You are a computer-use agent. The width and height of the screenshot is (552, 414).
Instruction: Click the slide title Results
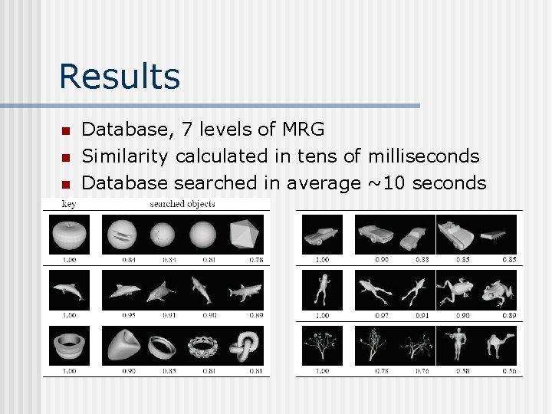[119, 77]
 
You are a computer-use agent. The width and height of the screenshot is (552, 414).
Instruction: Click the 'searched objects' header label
[182, 205]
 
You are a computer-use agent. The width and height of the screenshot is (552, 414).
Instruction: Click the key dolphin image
[69, 290]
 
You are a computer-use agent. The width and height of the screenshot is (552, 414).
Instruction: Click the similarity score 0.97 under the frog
[381, 315]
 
